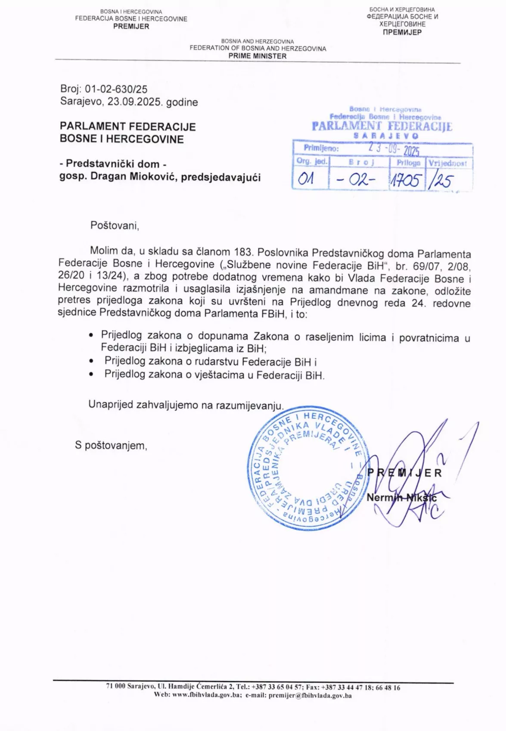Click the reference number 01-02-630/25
point(116,89)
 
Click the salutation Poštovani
point(115,225)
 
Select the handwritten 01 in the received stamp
point(306,178)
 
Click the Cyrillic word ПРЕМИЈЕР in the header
point(402,32)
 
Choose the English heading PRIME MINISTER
point(258,56)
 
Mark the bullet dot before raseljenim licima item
point(90,335)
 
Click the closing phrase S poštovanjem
point(111,445)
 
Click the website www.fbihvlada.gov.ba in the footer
point(206,695)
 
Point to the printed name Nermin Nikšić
point(401,498)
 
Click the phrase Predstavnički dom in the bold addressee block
point(113,164)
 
